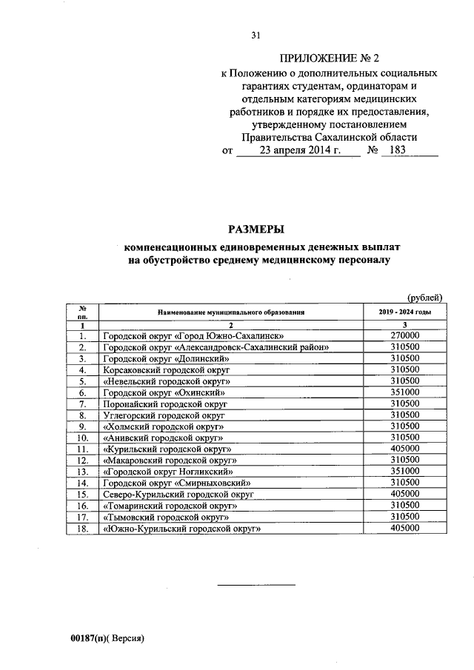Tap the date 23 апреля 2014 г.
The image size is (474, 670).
[294, 150]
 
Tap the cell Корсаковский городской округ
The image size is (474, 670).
[167, 369]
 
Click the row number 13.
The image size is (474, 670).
[84, 471]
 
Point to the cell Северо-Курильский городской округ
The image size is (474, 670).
[178, 493]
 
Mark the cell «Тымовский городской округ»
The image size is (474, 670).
[166, 516]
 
